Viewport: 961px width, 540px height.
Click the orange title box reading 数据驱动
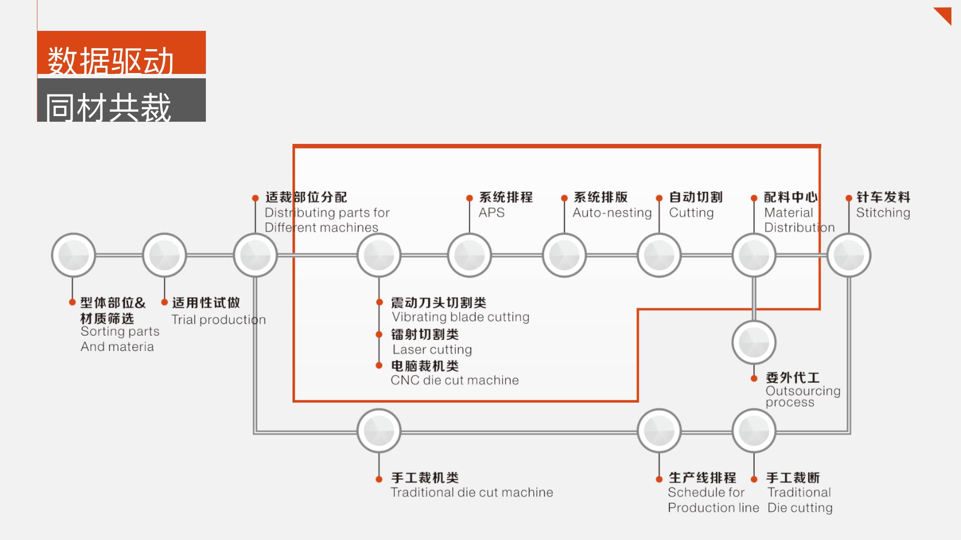121,53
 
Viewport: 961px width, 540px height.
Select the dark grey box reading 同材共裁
121,100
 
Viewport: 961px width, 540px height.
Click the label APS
491,213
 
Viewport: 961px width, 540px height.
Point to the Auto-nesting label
612,213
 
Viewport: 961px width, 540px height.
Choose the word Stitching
883,213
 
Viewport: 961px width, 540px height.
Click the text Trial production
218,320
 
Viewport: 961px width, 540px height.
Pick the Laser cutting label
432,350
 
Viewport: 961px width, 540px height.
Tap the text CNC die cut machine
454,380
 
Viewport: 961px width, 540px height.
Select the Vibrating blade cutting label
460,317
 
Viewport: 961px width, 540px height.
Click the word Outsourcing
803,391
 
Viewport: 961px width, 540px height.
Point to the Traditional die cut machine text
471,492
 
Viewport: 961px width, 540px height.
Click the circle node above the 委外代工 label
754,342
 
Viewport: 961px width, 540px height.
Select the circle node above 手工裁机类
379,430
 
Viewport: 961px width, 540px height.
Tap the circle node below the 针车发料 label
849,255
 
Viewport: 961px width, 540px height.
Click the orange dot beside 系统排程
469,198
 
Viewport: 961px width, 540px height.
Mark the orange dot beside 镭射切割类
379,334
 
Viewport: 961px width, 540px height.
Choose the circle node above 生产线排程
659,430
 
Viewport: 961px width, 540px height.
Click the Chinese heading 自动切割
696,197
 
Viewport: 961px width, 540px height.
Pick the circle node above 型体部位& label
73,255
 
